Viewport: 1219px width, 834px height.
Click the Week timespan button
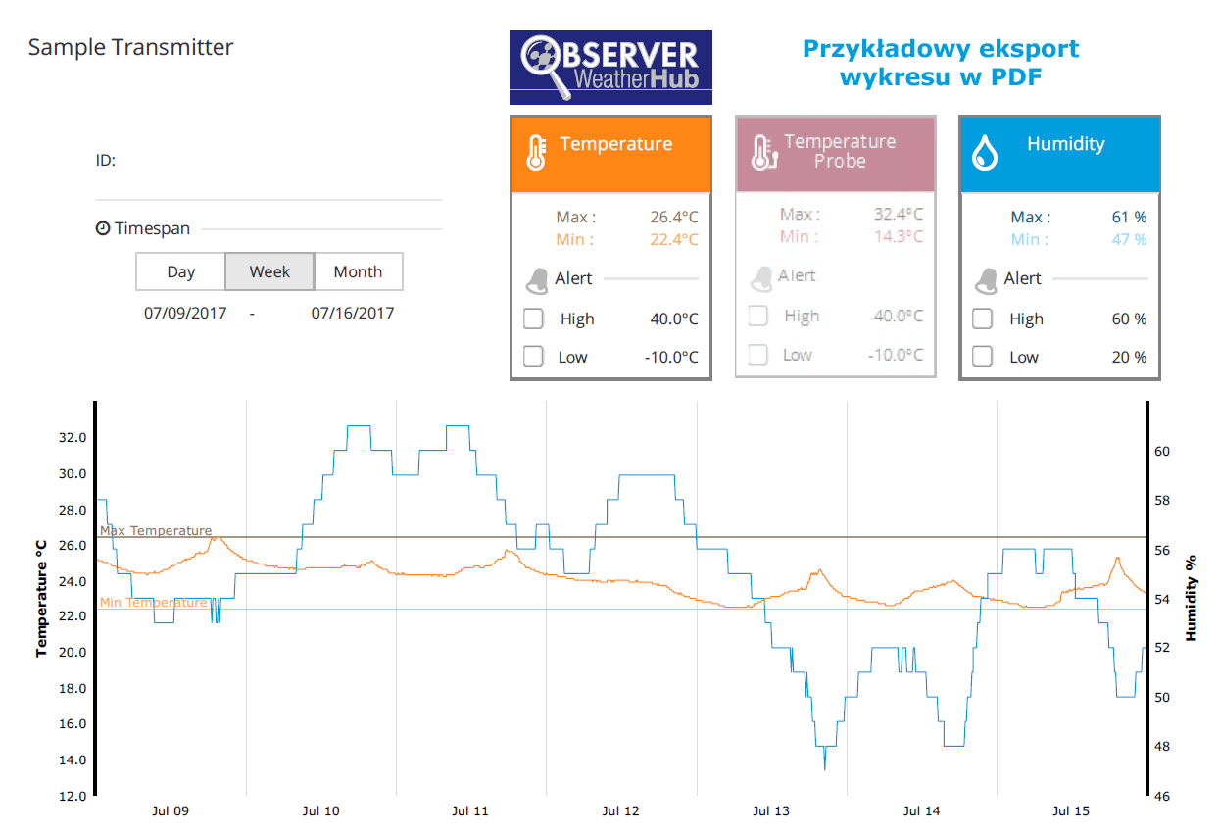coord(269,272)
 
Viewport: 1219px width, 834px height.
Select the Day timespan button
coord(180,272)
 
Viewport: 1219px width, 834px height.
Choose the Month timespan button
coord(358,272)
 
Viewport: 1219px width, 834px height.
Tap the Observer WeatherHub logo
coord(610,68)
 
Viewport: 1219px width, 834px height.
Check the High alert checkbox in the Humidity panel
coord(982,319)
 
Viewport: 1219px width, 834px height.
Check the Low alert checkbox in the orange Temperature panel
coord(533,357)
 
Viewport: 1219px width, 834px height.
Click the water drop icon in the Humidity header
coord(984,154)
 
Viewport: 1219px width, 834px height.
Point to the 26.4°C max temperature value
coord(673,218)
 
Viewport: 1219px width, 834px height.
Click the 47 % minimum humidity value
coord(1129,240)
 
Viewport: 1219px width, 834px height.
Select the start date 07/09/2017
coord(185,314)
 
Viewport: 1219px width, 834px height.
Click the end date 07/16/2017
coord(353,314)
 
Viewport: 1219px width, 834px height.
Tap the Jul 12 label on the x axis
coord(620,811)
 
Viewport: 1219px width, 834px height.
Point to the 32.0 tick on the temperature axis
coord(73,438)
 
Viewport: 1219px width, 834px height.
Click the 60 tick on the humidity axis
coord(1163,452)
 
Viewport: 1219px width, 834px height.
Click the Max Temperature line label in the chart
coord(156,531)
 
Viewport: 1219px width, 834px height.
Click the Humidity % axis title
coord(1192,598)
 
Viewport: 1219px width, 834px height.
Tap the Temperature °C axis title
coord(41,598)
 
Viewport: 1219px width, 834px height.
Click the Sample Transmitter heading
coord(130,47)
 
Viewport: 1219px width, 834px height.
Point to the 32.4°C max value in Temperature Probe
coord(898,214)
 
